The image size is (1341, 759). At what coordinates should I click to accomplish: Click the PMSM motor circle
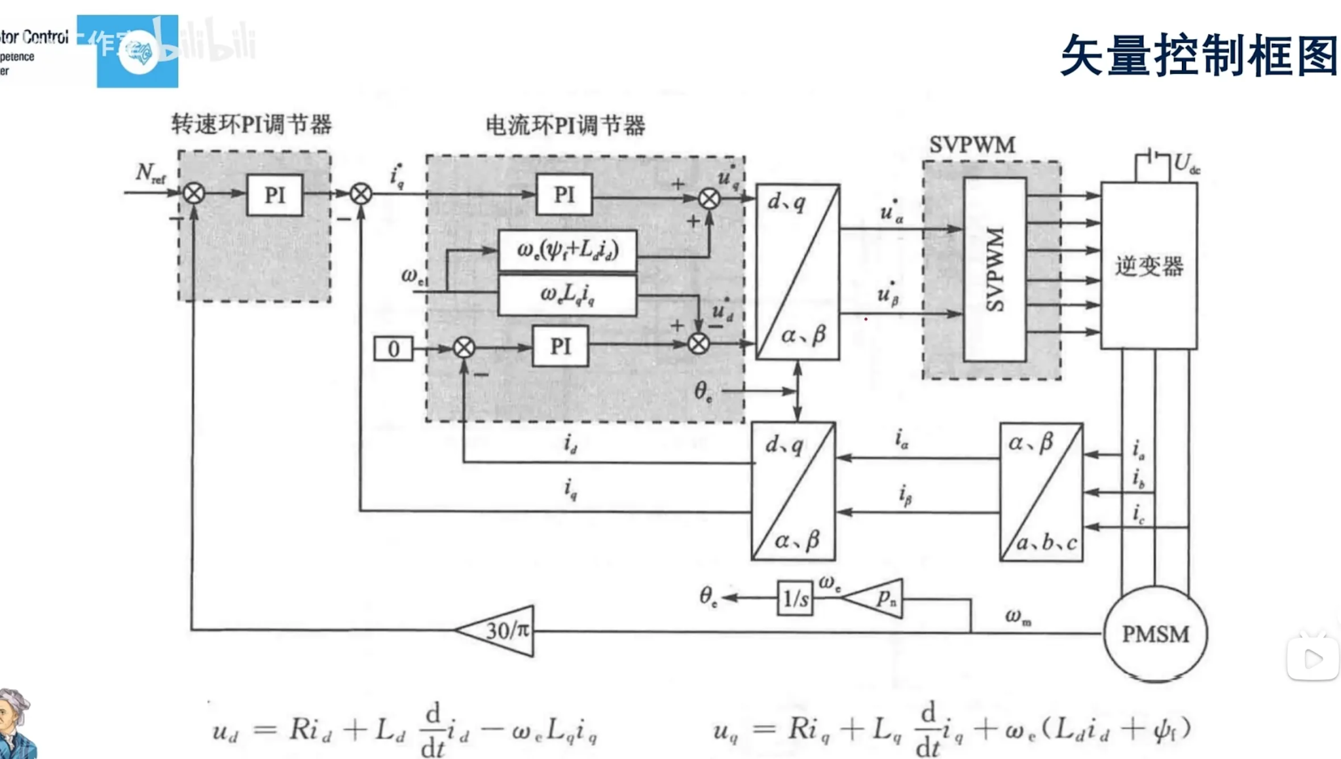(x=1155, y=634)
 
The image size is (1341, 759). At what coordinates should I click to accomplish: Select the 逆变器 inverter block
(x=1149, y=266)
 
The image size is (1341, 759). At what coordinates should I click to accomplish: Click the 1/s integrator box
(x=796, y=598)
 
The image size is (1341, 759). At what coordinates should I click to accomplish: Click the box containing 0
(x=394, y=348)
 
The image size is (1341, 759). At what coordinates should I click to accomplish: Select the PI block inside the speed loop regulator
(x=275, y=195)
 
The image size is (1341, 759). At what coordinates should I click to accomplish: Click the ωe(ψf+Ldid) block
(x=567, y=250)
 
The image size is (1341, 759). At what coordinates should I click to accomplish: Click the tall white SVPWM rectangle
(x=995, y=269)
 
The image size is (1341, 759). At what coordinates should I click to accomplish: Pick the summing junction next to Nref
(x=194, y=193)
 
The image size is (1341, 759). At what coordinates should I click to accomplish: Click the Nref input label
(x=150, y=173)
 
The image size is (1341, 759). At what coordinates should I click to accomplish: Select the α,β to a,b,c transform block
(x=1041, y=492)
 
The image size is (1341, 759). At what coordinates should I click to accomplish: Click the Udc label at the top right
(x=1186, y=163)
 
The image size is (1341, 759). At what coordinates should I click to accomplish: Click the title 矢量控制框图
(x=1198, y=55)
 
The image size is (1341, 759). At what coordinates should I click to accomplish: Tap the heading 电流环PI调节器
(x=565, y=125)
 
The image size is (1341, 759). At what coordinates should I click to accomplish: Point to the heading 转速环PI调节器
(x=251, y=124)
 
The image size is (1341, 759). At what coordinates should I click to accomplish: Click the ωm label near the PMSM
(x=1018, y=616)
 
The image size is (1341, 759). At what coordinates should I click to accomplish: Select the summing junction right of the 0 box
(x=464, y=348)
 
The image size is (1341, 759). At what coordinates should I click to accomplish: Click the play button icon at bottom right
(x=1313, y=659)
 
